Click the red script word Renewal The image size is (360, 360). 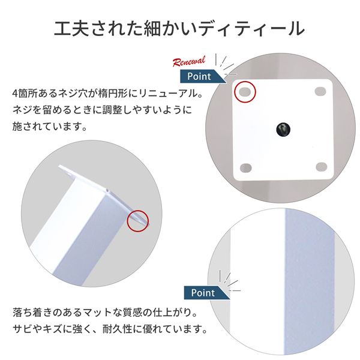click(x=189, y=61)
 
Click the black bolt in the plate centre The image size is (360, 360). click(x=283, y=129)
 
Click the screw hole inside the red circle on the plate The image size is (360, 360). click(x=245, y=92)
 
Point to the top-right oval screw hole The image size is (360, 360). click(x=320, y=91)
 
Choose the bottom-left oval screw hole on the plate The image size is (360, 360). click(x=245, y=168)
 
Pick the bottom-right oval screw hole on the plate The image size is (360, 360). click(x=322, y=167)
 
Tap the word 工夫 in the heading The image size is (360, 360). click(x=71, y=29)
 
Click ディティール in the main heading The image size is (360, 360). click(x=251, y=29)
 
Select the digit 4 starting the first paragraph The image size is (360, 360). click(x=15, y=94)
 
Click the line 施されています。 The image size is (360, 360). click(x=50, y=126)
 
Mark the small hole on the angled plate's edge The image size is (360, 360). click(x=107, y=190)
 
